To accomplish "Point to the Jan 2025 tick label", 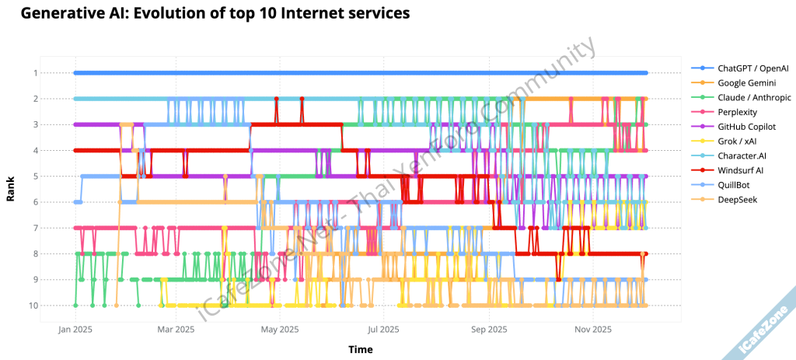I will coord(75,330).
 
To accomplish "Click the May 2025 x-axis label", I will coord(280,330).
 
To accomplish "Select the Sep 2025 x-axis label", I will coord(487,330).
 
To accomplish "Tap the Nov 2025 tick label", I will coord(592,330).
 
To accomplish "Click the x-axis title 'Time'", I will coord(360,349).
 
